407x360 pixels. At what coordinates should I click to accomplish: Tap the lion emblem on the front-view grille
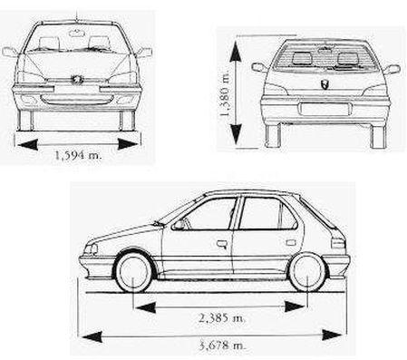(78, 82)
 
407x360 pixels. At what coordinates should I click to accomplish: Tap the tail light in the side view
(337, 241)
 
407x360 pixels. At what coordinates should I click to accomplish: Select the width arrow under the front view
(78, 143)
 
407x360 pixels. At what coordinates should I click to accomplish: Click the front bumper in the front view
(78, 98)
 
